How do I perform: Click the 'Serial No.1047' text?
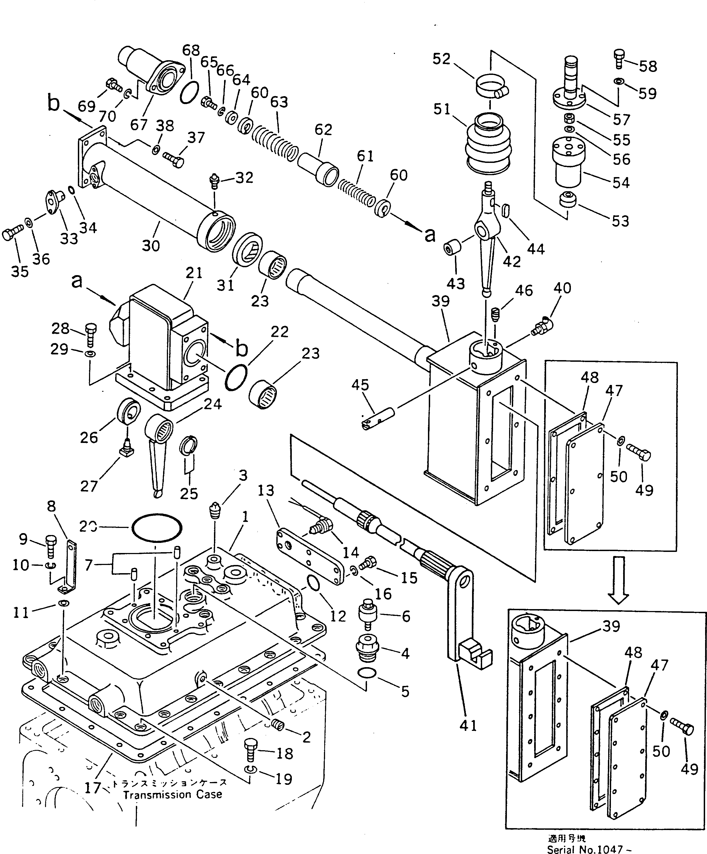[589, 849]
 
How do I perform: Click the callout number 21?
[194, 272]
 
